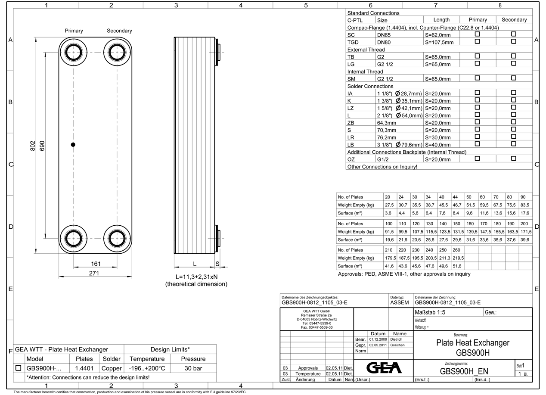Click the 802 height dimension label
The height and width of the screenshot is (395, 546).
(x=33, y=146)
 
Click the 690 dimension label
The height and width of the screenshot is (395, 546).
(x=42, y=146)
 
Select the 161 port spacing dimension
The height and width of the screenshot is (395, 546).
(x=96, y=264)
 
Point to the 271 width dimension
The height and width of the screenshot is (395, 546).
(x=94, y=273)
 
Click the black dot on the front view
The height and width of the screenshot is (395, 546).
(x=73, y=145)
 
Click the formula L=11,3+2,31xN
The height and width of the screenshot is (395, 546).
(x=196, y=277)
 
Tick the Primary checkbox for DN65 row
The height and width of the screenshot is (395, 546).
(x=477, y=34)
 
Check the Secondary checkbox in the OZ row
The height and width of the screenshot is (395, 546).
(x=513, y=159)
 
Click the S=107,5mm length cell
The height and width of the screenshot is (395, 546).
(x=439, y=42)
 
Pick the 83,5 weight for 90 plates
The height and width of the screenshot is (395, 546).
(x=525, y=205)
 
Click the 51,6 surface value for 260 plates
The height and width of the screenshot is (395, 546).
(x=456, y=266)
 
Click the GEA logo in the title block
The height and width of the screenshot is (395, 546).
(x=383, y=367)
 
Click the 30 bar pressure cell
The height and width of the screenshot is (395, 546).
(x=193, y=368)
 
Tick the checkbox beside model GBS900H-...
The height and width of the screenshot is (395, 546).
(x=19, y=368)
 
